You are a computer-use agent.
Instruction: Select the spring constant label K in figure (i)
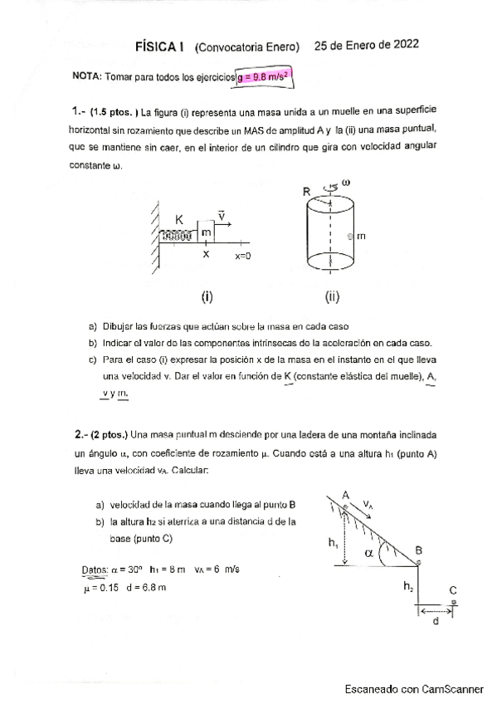[178, 220]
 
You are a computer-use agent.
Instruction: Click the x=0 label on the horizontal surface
[242, 257]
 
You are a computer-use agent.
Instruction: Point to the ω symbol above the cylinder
[346, 180]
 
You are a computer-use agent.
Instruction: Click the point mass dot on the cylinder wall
[350, 237]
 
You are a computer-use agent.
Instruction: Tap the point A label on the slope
[346, 495]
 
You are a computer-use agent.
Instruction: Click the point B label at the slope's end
[419, 550]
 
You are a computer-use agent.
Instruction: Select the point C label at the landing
[453, 590]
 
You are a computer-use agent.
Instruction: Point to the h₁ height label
[332, 543]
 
